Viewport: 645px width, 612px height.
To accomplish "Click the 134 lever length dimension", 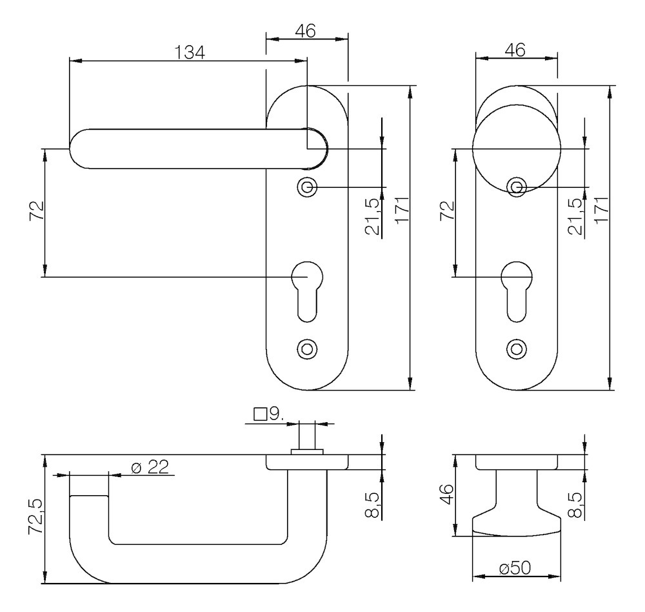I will click(189, 52).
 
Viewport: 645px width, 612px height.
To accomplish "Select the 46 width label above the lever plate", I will click(306, 30).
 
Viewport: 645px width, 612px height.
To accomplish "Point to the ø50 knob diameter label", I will click(515, 568).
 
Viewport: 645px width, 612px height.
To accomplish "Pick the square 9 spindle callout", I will click(269, 414).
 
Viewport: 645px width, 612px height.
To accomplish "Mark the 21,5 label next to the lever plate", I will click(372, 219).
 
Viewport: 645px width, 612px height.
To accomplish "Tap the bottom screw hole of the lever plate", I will click(307, 349).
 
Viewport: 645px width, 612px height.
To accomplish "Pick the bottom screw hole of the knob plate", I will click(515, 349).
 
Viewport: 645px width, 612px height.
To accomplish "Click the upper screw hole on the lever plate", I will click(307, 187).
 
